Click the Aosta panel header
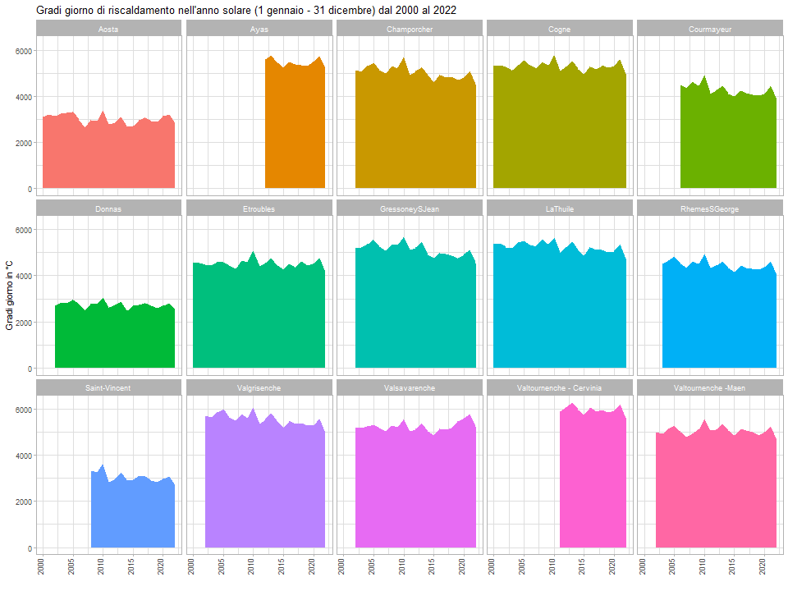click(x=108, y=30)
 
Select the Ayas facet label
click(x=259, y=30)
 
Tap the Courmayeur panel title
click(x=710, y=30)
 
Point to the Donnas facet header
click(x=108, y=208)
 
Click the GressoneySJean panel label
click(x=409, y=208)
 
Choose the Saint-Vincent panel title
click(x=108, y=387)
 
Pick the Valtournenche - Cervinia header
click(x=559, y=387)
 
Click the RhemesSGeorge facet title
click(x=710, y=208)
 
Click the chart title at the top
click(x=246, y=10)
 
